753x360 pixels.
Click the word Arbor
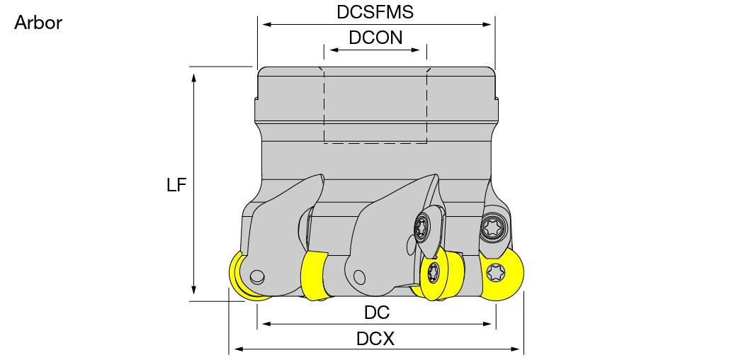point(38,23)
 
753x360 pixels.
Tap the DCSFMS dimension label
point(375,12)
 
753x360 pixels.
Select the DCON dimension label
point(375,38)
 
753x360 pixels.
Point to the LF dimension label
point(176,184)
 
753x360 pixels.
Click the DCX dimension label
point(375,339)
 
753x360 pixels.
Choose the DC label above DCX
point(377,313)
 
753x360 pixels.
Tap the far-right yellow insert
point(501,274)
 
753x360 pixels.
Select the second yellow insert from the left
point(314,276)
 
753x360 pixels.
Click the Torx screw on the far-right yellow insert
point(496,273)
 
